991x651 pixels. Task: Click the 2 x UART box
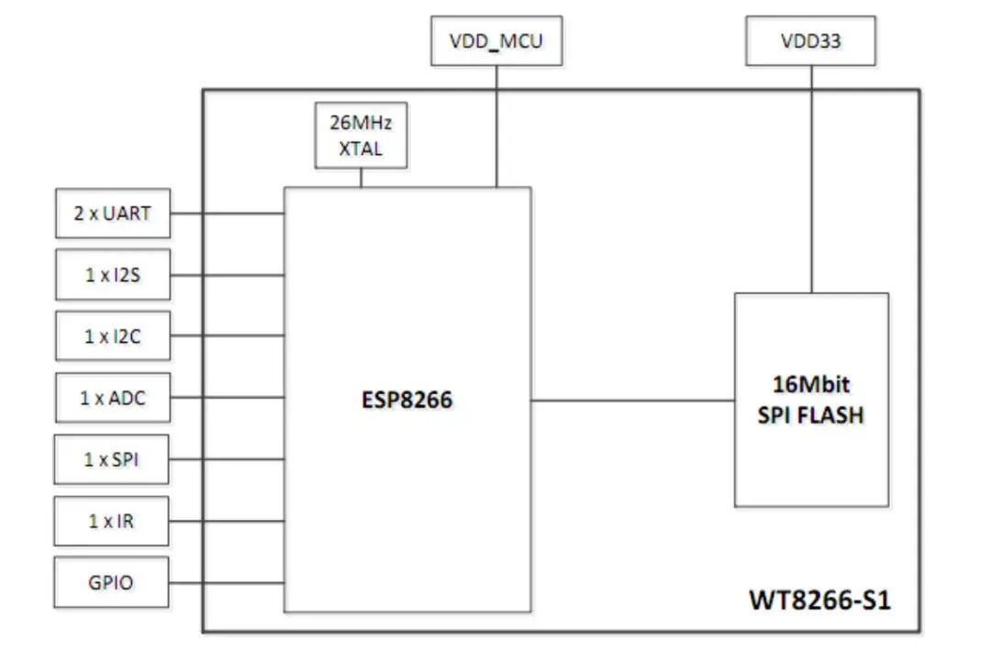tap(113, 214)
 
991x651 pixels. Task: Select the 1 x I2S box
tap(113, 274)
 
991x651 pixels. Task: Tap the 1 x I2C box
tap(113, 337)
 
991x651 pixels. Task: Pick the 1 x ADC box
tap(113, 399)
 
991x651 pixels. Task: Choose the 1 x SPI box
tap(113, 459)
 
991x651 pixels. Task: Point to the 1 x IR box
tap(113, 521)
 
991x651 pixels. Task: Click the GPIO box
tap(113, 581)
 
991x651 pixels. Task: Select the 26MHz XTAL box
tap(362, 135)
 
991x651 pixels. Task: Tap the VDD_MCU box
tap(496, 42)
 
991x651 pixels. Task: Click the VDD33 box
tap(810, 41)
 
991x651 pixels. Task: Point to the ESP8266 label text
tap(406, 401)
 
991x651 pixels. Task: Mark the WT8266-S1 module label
tap(819, 601)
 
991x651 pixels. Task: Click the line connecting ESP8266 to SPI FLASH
tap(632, 401)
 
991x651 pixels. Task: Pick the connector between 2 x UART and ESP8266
tap(227, 214)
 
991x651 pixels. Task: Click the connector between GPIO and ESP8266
tap(227, 581)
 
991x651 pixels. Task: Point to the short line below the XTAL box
tap(361, 178)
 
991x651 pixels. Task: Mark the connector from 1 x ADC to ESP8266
tap(227, 399)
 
